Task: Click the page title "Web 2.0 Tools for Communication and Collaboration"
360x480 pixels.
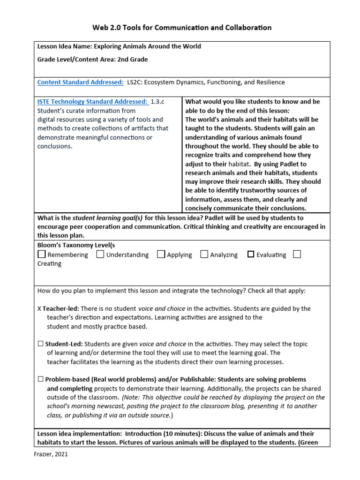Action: pyautogui.click(x=182, y=28)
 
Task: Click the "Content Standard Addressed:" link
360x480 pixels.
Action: pyautogui.click(x=80, y=82)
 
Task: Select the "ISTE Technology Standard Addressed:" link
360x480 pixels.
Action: pyautogui.click(x=92, y=102)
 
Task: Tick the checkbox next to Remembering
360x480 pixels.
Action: pyautogui.click(x=42, y=255)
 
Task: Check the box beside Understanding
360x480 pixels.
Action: pyautogui.click(x=100, y=255)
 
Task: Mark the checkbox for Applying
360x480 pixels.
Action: pyautogui.click(x=161, y=255)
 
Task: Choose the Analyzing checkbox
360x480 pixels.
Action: pyautogui.click(x=204, y=255)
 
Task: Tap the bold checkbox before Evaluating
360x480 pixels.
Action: pyautogui.click(x=251, y=255)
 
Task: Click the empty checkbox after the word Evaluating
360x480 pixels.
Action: pyautogui.click(x=296, y=255)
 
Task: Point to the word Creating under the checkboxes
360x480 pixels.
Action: pyautogui.click(x=49, y=263)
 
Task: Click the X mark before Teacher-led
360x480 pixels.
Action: pyautogui.click(x=39, y=309)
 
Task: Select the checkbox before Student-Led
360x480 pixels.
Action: pyautogui.click(x=40, y=344)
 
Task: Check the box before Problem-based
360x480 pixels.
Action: pyautogui.click(x=40, y=380)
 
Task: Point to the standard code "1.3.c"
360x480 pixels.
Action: pyautogui.click(x=157, y=102)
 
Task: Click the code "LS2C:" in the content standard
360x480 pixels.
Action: pyautogui.click(x=135, y=82)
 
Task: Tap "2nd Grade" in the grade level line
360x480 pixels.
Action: pyautogui.click(x=133, y=60)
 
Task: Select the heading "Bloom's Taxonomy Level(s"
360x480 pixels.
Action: pyautogui.click(x=76, y=245)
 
